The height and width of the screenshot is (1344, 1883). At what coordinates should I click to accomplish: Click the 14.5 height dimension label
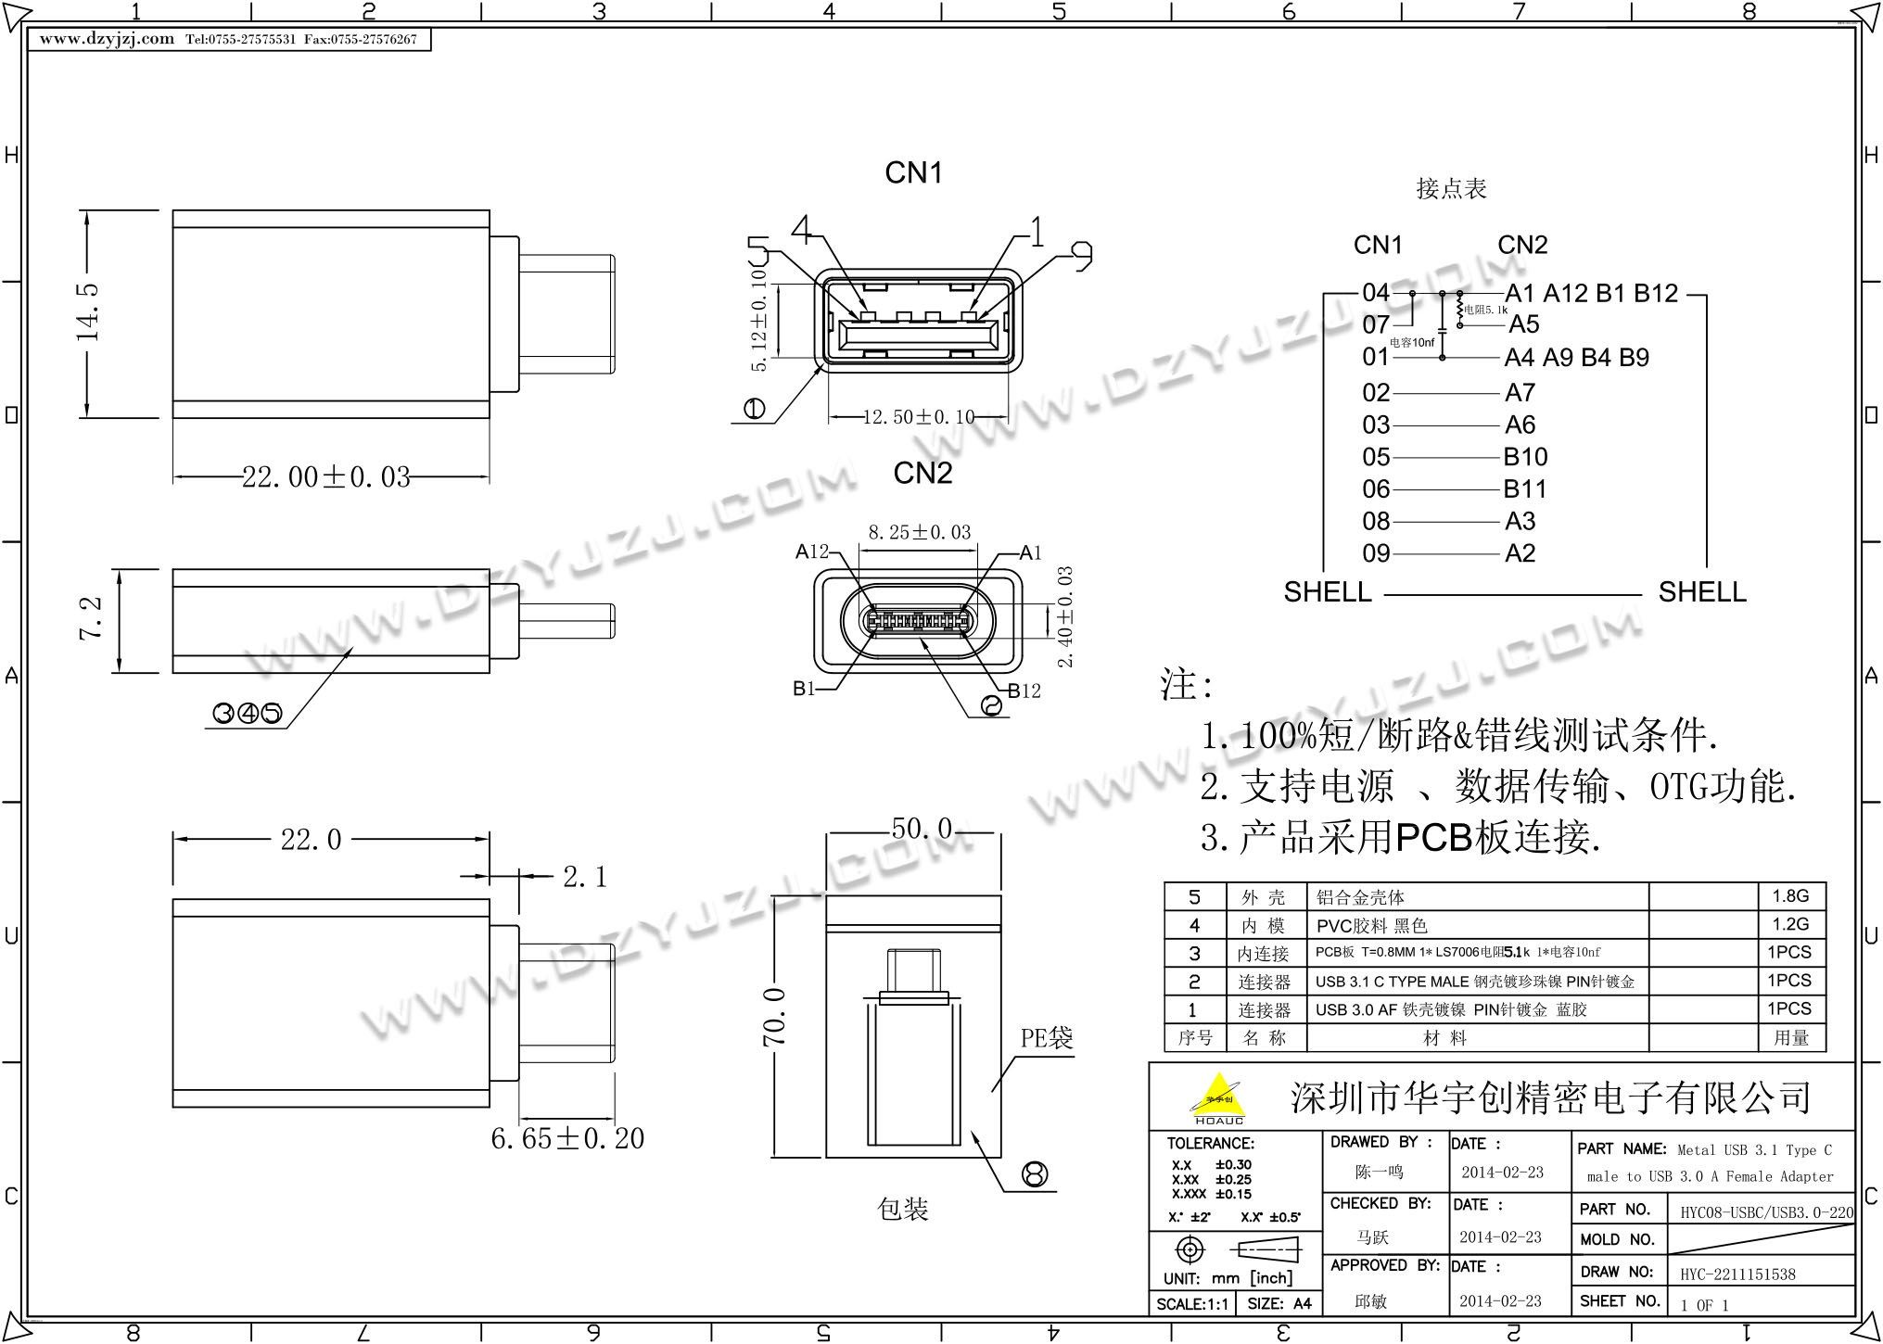[89, 313]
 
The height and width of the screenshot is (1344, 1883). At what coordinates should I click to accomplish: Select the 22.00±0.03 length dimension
[326, 477]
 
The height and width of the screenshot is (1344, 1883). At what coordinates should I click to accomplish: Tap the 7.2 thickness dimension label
[91, 618]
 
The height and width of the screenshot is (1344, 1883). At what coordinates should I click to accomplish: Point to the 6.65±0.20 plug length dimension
[567, 1138]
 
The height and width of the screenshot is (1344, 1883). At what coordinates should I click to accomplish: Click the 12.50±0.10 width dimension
[919, 417]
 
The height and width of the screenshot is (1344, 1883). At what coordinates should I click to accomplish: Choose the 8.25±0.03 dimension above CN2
[919, 533]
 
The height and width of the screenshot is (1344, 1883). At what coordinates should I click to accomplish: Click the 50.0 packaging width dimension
[922, 829]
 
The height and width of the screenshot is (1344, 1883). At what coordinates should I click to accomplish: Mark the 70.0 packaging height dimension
[775, 1018]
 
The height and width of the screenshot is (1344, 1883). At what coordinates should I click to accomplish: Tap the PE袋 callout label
[1047, 1038]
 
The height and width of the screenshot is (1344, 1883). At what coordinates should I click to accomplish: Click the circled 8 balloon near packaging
[1034, 1174]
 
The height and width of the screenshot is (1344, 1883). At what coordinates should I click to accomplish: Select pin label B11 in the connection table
[1525, 489]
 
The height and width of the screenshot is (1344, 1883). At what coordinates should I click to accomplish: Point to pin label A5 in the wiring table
[1523, 324]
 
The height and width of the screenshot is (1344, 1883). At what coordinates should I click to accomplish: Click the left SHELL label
[1327, 592]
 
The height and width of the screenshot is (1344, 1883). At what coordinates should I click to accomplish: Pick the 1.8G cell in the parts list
[1790, 896]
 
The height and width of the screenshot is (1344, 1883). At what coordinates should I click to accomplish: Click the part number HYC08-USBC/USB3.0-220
[1766, 1212]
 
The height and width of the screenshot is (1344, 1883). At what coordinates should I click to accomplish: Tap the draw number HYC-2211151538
[1737, 1274]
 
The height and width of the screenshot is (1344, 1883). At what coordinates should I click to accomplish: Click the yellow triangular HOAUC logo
[1218, 1098]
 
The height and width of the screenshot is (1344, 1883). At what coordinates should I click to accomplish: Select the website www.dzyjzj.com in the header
[107, 39]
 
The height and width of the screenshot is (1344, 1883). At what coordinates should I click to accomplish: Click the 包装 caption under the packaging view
[902, 1209]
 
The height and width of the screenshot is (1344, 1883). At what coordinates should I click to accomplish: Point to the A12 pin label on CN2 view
[812, 552]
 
